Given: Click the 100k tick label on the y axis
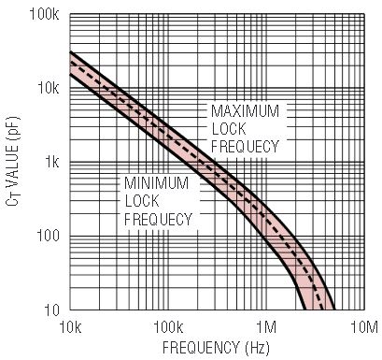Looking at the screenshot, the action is [44, 14].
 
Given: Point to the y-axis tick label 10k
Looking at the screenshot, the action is [48, 88].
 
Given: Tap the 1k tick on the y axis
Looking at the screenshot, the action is [51, 162].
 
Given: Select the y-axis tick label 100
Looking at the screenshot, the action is [48, 236].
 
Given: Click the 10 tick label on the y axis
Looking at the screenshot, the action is [51, 310].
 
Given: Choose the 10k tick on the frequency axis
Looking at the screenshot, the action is [70, 327].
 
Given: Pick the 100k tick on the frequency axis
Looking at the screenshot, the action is [168, 327].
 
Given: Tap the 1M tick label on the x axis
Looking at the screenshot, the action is [266, 327].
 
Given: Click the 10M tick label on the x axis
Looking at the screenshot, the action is [364, 327].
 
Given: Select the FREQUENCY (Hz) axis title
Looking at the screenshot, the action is [216, 348].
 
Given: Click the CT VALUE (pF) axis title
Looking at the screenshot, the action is [13, 161].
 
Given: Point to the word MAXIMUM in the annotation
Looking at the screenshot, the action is [245, 111].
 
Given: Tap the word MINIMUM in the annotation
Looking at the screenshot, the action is [156, 183].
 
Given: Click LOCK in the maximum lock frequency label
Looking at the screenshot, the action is [229, 129].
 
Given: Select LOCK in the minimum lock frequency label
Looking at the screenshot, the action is [142, 201].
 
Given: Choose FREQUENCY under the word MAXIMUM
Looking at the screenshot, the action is [245, 147].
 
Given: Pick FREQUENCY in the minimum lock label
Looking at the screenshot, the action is [158, 219].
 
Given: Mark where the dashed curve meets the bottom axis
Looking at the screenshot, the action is [321, 310].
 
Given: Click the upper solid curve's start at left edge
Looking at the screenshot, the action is [70, 51].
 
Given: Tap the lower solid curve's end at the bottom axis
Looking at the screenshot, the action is [304, 310].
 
